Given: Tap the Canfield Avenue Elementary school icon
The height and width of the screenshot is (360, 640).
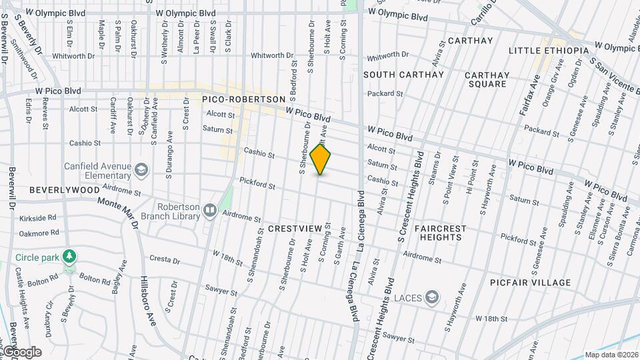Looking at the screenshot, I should pos(141,170).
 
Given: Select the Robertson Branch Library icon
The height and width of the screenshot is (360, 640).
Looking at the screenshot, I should pos(210,211).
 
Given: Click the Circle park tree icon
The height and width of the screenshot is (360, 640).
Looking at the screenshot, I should pos(69,257).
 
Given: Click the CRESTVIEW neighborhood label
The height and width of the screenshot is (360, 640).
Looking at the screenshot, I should pos(295,229).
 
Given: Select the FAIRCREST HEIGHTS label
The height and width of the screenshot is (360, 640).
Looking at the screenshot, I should pos(440,233).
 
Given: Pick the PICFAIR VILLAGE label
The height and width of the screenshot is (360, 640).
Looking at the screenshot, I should pos(533,283).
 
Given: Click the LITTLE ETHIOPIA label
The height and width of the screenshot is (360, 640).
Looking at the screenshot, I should pos(549,51).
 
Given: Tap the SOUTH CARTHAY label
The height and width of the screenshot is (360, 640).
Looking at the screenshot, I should pos(403,75).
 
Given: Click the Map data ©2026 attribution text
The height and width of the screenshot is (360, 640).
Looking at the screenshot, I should pos(611,355).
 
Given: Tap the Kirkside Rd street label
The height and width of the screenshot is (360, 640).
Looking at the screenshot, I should pos(39,218).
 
